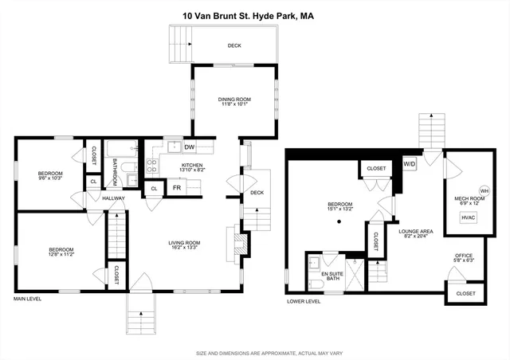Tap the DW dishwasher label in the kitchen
click(190, 147)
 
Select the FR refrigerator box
click(177, 189)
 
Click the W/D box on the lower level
click(410, 163)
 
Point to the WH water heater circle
click(484, 191)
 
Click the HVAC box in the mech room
click(469, 216)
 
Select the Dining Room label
click(234, 100)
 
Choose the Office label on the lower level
click(464, 255)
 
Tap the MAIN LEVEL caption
click(27, 299)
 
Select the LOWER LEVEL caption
click(304, 301)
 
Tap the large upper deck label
click(234, 45)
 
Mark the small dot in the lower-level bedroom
click(339, 221)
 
